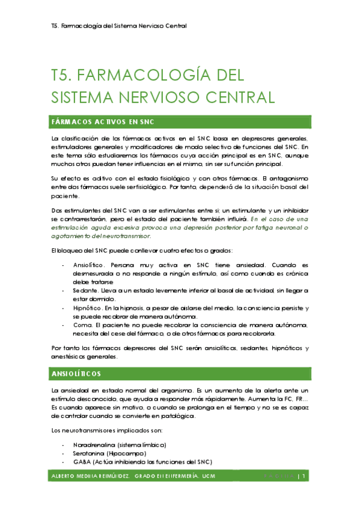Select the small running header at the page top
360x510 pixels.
(119, 26)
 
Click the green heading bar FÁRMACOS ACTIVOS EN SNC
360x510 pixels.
(103, 123)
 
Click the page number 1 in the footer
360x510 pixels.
(305, 477)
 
